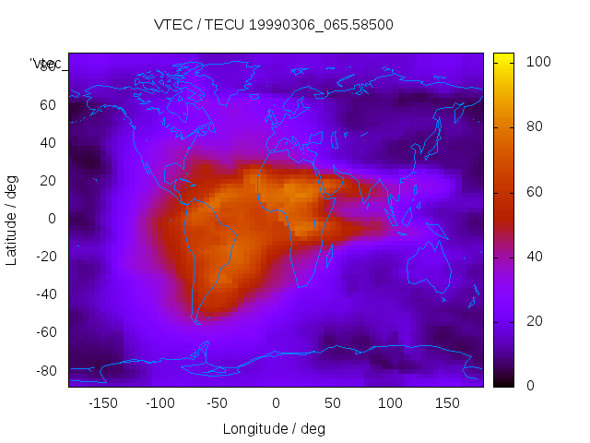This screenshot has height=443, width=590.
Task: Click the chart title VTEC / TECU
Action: click(273, 25)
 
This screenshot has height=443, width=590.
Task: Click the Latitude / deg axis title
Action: click(12, 219)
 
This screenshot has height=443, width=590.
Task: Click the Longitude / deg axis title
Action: click(274, 428)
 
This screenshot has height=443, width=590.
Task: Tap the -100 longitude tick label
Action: click(159, 403)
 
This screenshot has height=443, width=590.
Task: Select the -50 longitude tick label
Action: click(218, 403)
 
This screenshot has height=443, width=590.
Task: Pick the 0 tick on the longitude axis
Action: click(275, 403)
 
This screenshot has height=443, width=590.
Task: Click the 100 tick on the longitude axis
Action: click(390, 403)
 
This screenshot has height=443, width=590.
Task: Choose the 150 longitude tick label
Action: click(447, 403)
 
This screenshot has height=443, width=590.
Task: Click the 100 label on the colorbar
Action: click(538, 62)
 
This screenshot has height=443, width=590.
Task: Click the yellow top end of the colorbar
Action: click(502, 58)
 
